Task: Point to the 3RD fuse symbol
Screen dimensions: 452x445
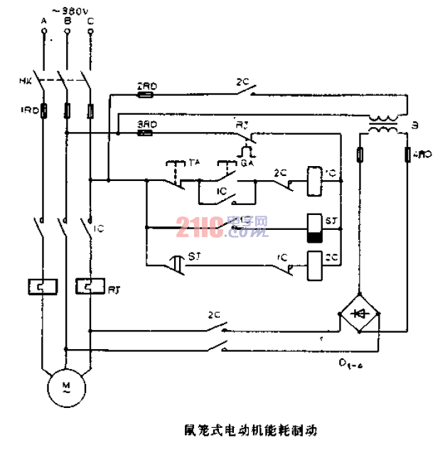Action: (x=147, y=132)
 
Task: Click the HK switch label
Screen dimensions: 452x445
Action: (x=23, y=80)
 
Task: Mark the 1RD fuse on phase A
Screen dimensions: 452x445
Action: (x=43, y=110)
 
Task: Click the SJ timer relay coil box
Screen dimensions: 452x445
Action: (x=315, y=228)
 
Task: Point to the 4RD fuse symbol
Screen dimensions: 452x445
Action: (x=408, y=154)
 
